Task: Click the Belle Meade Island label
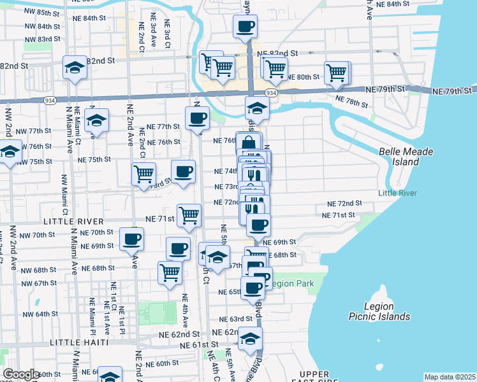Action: (x=406, y=157)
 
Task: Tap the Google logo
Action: (x=21, y=374)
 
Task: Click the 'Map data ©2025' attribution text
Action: (x=450, y=377)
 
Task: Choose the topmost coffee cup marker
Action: (x=245, y=27)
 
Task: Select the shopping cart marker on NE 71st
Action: (x=189, y=215)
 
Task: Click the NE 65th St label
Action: (x=230, y=292)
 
